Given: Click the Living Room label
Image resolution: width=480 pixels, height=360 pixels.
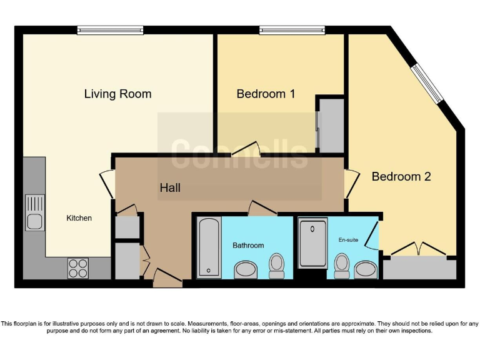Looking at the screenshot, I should (x=117, y=94).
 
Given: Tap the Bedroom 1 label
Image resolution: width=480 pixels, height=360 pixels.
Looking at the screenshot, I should (x=266, y=94).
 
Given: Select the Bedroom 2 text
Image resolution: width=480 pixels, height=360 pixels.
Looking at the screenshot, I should (x=401, y=176).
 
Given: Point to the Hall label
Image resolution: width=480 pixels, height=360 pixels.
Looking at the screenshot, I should (x=170, y=187).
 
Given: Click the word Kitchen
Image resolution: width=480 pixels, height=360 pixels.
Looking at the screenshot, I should (x=79, y=218).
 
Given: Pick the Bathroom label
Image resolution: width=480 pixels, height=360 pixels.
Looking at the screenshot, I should (x=248, y=245).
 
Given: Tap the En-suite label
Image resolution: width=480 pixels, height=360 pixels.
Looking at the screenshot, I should (x=348, y=239).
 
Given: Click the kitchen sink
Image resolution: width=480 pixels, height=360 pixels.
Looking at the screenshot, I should (x=34, y=213).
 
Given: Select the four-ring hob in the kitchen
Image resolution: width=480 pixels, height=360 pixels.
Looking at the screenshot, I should (x=78, y=268).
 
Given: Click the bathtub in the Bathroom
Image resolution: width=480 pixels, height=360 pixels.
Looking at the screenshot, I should (x=208, y=247).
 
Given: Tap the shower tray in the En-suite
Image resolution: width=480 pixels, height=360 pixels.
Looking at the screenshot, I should (x=312, y=243).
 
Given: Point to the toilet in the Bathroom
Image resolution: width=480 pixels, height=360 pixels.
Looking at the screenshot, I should (x=276, y=266).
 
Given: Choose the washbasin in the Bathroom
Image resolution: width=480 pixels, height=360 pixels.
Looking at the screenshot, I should (x=246, y=270).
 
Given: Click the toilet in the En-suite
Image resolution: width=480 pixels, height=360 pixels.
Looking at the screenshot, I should (x=342, y=266).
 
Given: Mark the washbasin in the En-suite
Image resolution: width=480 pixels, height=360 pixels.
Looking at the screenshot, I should (x=366, y=269).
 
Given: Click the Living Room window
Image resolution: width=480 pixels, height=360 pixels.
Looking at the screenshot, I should (x=111, y=29).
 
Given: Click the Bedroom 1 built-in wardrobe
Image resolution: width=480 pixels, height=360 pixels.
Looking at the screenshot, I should (x=331, y=125).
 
